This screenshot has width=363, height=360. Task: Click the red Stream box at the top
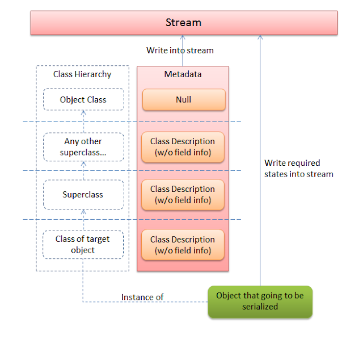(184, 23)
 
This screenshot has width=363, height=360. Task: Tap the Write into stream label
(180, 51)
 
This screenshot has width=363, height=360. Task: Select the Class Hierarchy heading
(82, 74)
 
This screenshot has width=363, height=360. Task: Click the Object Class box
(83, 100)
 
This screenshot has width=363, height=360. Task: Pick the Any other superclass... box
(83, 147)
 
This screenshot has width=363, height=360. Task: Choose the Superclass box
(83, 195)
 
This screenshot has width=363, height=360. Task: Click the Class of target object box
(83, 244)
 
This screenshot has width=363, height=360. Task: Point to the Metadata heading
(183, 74)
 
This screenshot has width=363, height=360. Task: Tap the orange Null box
(183, 100)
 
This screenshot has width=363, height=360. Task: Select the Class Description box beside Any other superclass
(183, 147)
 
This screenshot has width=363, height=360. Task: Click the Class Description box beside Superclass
(183, 195)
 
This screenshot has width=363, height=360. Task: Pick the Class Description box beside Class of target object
(183, 245)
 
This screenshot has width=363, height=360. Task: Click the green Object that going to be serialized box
(260, 301)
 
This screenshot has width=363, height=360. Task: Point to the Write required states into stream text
(298, 169)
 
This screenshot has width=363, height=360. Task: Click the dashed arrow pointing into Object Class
(83, 122)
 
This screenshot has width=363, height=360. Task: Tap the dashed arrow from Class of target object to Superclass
(83, 219)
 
